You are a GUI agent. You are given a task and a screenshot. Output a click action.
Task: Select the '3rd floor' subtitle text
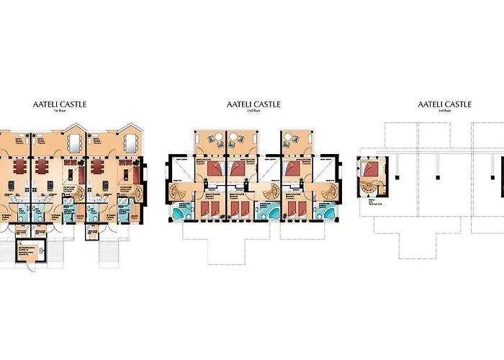[x=444, y=111]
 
